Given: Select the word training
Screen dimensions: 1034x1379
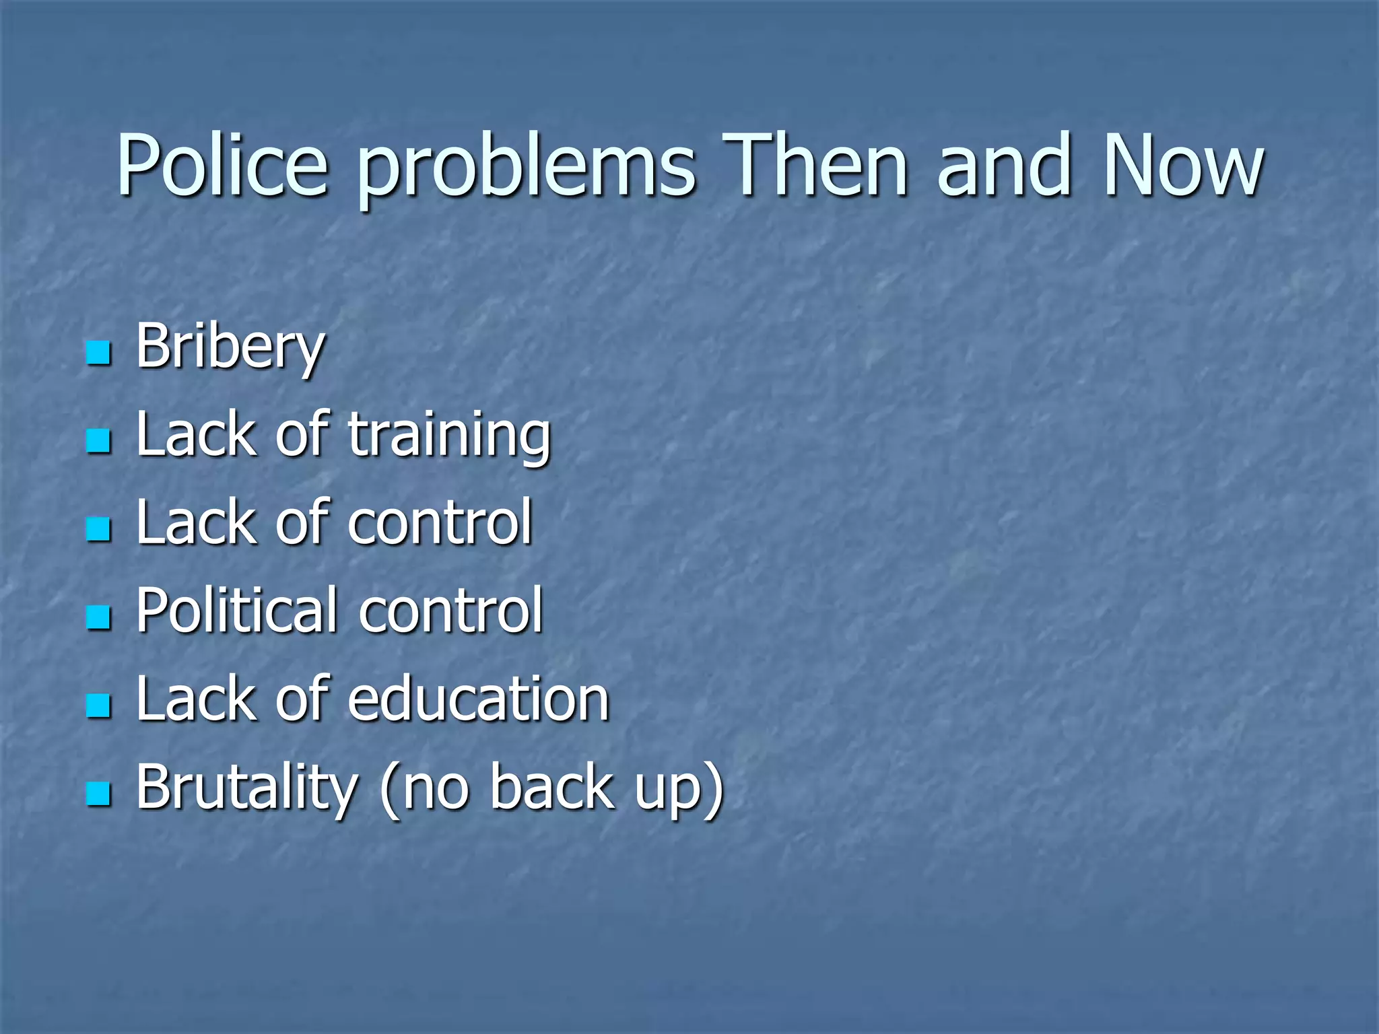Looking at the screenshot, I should pos(449,436).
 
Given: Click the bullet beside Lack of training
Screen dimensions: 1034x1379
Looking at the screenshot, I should pos(98,442).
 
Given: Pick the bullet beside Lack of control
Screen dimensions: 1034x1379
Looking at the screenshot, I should pos(98,530).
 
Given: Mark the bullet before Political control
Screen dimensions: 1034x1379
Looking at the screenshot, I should pos(98,617).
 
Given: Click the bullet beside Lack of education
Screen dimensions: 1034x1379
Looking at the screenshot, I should pos(98,705).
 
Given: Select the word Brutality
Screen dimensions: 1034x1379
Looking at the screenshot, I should pos(246,788).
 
